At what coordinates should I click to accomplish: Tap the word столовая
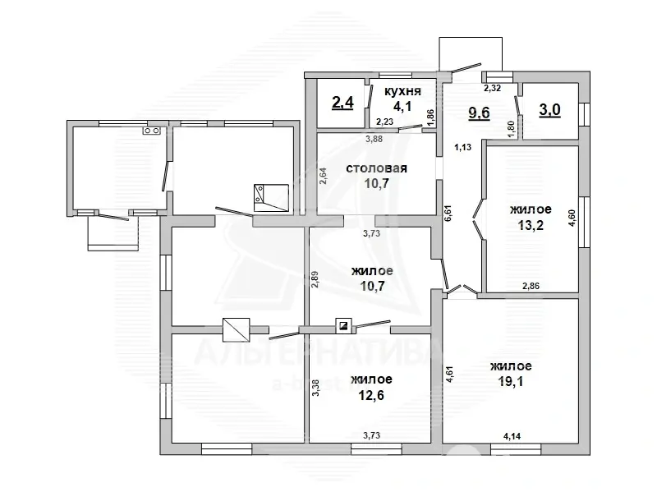pyautogui.click(x=376, y=168)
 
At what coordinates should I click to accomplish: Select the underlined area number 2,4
pyautogui.click(x=342, y=102)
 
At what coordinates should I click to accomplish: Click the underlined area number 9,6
pyautogui.click(x=480, y=113)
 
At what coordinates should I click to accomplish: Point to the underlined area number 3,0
pyautogui.click(x=549, y=110)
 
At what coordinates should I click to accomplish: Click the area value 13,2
pyautogui.click(x=531, y=225)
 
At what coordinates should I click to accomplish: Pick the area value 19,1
pyautogui.click(x=511, y=382)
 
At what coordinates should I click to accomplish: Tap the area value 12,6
pyautogui.click(x=371, y=395)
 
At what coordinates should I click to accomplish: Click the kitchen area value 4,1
pyautogui.click(x=402, y=107)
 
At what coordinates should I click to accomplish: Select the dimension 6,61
pyautogui.click(x=448, y=213)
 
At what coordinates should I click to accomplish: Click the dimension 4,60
pyautogui.click(x=572, y=217)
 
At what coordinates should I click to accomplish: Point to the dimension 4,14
pyautogui.click(x=512, y=436)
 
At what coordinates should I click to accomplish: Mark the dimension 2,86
pyautogui.click(x=531, y=286)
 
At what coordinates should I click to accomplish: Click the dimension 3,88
pyautogui.click(x=374, y=139)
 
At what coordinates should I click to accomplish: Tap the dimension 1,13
pyautogui.click(x=463, y=147)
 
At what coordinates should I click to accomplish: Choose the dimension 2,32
pyautogui.click(x=492, y=88)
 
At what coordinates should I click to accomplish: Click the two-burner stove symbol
pyautogui.click(x=152, y=131)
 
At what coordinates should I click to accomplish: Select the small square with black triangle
pyautogui.click(x=343, y=325)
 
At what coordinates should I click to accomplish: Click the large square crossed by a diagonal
pyautogui.click(x=236, y=329)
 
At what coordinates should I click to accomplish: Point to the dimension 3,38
pyautogui.click(x=316, y=388)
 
